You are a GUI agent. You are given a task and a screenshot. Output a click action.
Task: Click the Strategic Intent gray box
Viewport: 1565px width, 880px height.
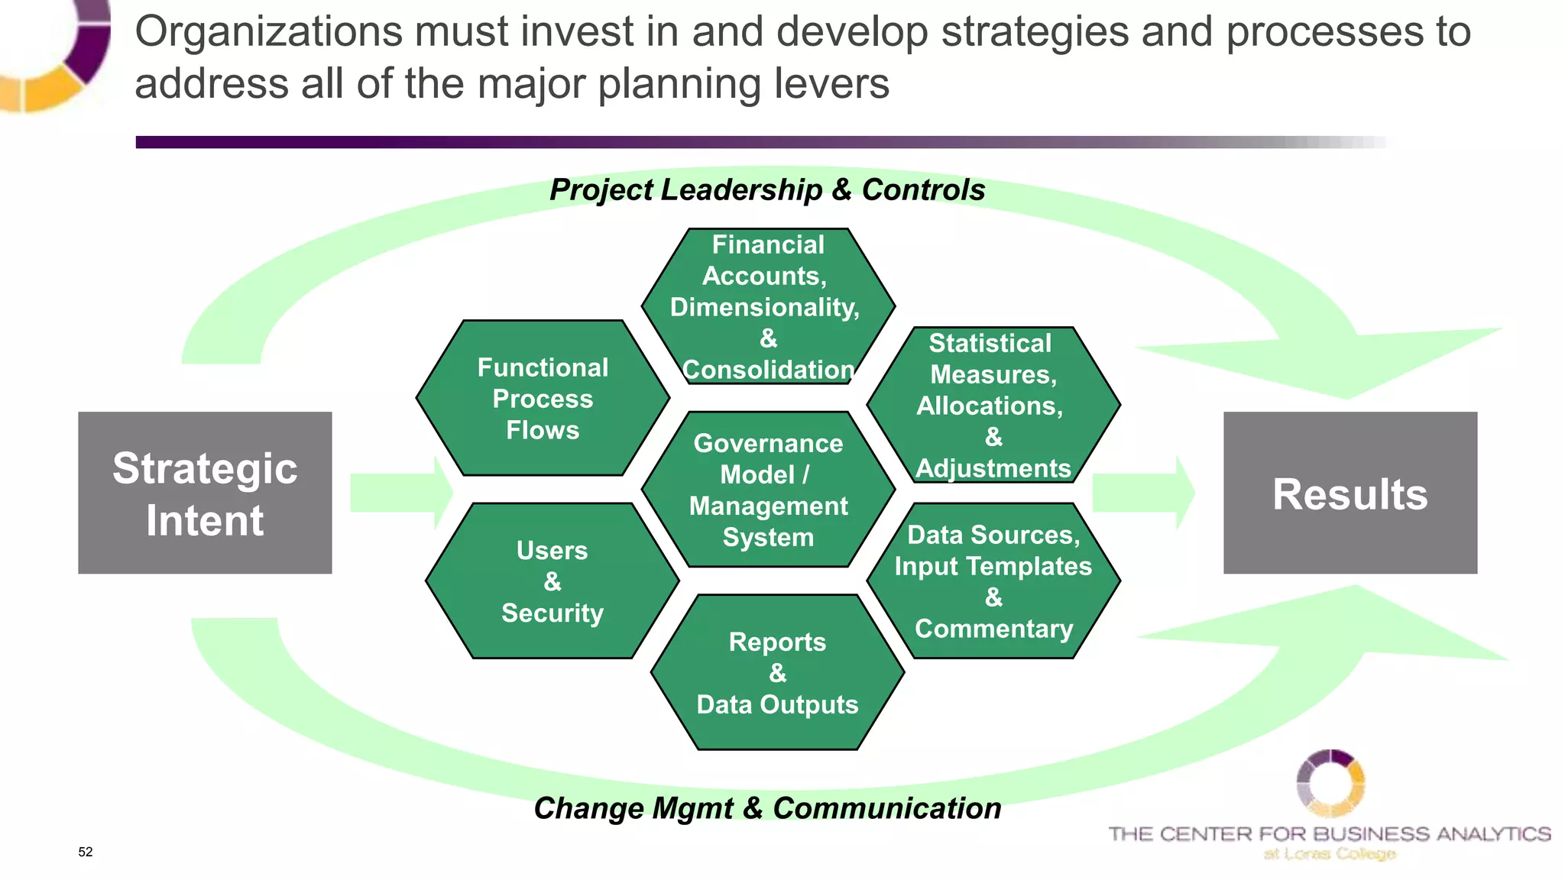(205, 493)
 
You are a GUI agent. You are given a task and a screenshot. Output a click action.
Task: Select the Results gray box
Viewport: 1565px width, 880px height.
(1350, 493)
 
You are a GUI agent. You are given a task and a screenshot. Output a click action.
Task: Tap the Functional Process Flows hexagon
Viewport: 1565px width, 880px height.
(543, 398)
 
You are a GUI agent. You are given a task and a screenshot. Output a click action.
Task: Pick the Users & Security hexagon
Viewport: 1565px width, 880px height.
(552, 581)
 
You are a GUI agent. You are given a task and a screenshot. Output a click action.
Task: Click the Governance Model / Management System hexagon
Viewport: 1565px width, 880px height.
(768, 490)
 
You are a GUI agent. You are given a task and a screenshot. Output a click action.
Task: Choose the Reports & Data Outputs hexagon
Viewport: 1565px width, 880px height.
(777, 673)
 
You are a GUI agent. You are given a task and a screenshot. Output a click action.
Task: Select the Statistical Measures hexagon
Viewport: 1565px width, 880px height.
(993, 405)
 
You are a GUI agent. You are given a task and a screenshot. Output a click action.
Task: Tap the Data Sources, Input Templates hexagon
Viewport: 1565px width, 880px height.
(993, 581)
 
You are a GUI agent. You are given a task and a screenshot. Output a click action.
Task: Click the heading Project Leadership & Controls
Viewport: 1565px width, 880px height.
(767, 189)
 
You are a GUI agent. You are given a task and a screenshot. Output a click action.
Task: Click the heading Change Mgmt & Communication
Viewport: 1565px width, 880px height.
(767, 808)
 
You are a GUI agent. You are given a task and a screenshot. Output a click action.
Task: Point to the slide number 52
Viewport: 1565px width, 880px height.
(86, 852)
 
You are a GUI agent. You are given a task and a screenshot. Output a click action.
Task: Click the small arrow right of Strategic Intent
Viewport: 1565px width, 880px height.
(401, 493)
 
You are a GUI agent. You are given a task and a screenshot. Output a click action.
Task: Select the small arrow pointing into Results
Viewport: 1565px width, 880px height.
(1143, 493)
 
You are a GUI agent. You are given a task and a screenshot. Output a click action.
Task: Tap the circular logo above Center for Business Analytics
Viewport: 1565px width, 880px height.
(1330, 783)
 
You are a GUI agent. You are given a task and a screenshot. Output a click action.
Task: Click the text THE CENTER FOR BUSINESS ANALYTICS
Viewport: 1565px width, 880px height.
(1330, 833)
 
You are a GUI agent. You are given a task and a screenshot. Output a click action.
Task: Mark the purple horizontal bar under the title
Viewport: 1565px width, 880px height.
(688, 142)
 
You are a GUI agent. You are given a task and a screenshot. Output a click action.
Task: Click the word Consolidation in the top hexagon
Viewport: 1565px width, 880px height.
(768, 370)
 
